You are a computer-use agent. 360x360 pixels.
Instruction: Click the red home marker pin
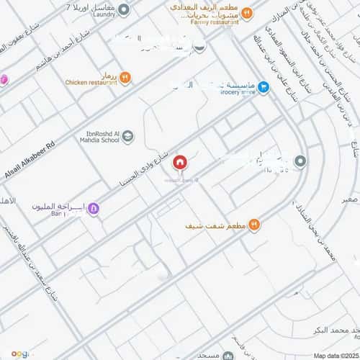point(179,163)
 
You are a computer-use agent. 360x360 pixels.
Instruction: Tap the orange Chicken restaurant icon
point(125,77)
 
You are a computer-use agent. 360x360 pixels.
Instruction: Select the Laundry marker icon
point(124,9)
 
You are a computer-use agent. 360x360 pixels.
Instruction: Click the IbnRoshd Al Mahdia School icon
point(127,136)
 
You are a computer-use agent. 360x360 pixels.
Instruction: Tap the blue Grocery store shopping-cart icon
point(264,87)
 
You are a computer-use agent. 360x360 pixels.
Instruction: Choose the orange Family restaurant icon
point(246,12)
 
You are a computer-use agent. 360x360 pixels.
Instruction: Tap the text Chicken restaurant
point(91,83)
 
